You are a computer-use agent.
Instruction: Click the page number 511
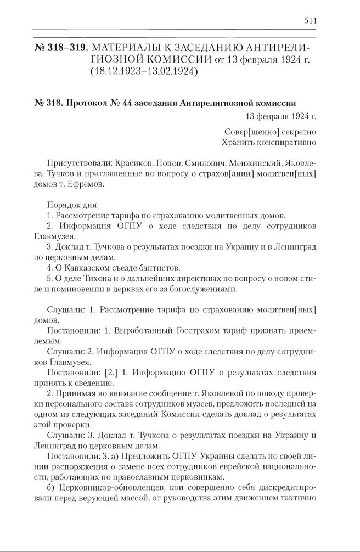tap(310, 21)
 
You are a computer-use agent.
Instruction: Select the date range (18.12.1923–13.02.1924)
tap(141, 71)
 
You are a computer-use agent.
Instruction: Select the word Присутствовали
tap(80, 164)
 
